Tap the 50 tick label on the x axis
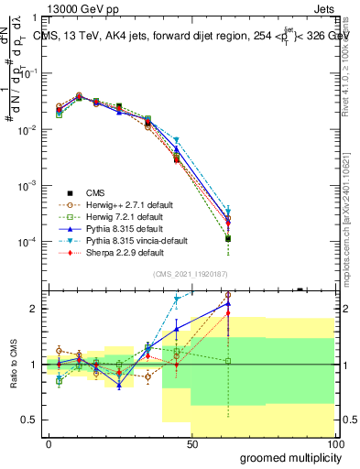[x=192, y=444]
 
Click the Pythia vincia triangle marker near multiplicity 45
[x=177, y=140]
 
